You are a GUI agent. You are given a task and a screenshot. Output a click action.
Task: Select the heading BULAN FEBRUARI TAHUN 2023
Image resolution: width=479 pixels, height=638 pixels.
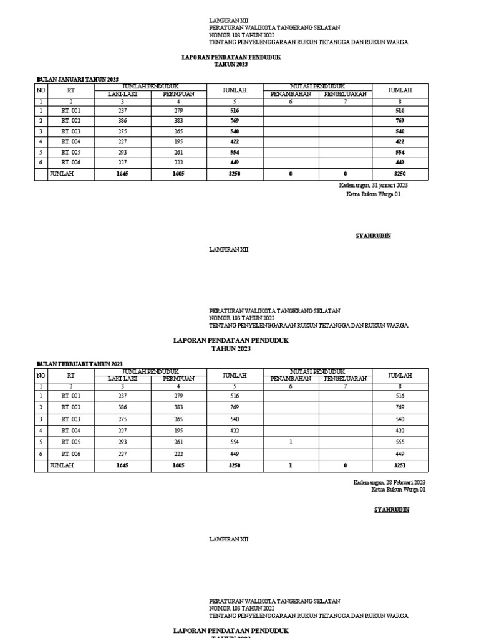80,364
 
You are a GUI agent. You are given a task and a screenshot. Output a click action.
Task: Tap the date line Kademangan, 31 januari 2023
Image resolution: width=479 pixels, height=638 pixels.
374,186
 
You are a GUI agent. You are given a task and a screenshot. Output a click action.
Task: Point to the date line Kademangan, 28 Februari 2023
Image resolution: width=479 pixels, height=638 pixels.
389,482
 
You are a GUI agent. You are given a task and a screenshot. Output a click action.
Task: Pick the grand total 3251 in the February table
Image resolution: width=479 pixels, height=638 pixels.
400,465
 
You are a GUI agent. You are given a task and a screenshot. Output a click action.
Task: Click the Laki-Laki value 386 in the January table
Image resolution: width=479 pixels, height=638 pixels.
122,121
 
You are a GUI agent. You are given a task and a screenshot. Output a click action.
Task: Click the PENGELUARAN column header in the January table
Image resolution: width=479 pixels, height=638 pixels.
345,94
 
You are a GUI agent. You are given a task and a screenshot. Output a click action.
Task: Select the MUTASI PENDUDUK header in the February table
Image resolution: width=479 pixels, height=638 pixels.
317,371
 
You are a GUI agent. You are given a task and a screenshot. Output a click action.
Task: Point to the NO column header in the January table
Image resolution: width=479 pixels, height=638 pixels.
41,90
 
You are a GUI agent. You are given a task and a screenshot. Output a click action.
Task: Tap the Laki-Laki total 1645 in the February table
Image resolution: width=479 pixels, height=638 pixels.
122,465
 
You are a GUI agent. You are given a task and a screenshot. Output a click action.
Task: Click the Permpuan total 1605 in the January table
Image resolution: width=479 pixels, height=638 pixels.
178,174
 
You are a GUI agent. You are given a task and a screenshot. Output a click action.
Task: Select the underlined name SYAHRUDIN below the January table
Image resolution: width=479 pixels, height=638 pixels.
373,236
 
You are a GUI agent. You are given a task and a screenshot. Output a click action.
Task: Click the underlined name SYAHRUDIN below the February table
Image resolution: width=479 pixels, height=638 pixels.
392,510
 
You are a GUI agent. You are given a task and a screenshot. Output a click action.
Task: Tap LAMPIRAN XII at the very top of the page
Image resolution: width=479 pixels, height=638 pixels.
228,21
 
